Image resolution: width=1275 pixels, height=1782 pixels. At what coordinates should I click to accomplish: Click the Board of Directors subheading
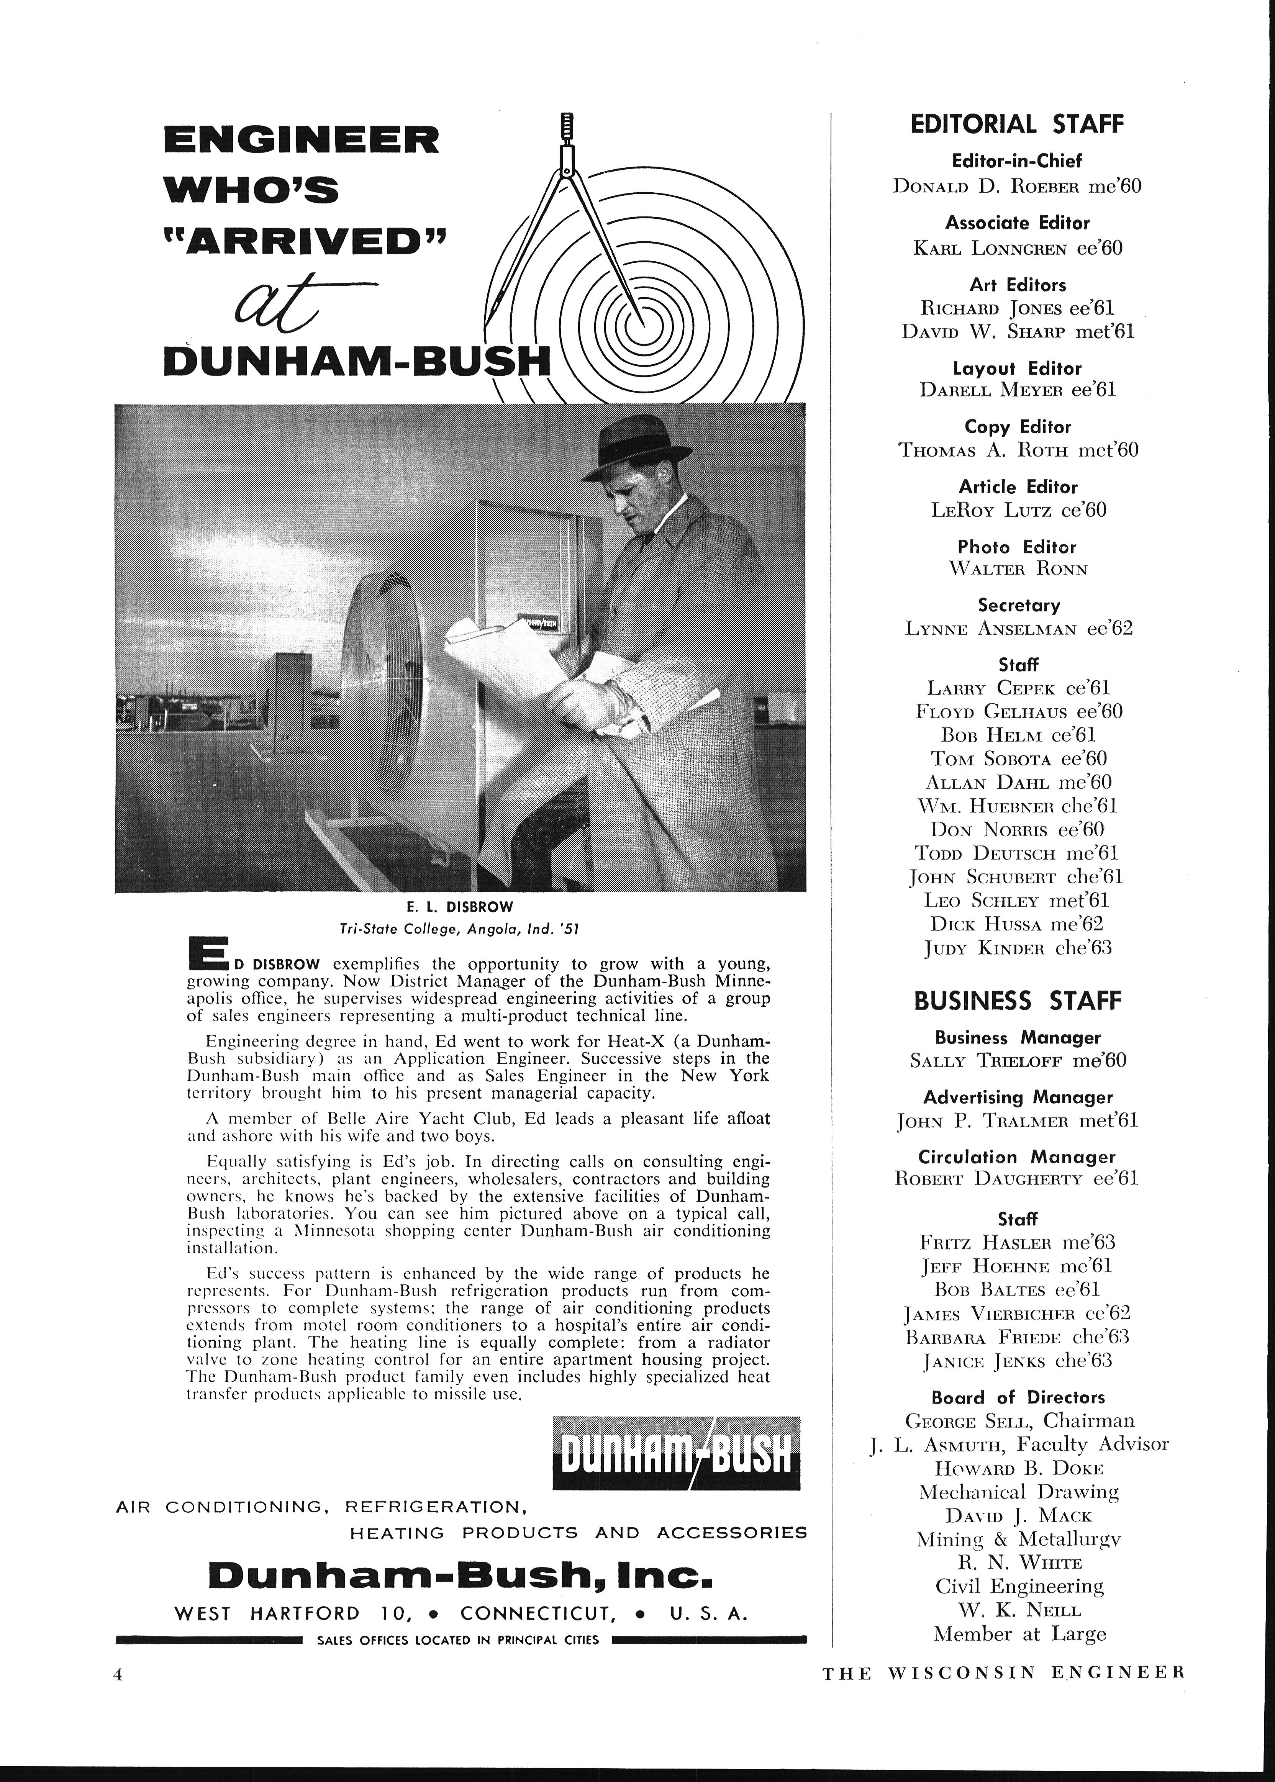[1018, 1397]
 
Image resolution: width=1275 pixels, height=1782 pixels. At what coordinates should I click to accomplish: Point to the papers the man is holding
[503, 652]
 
